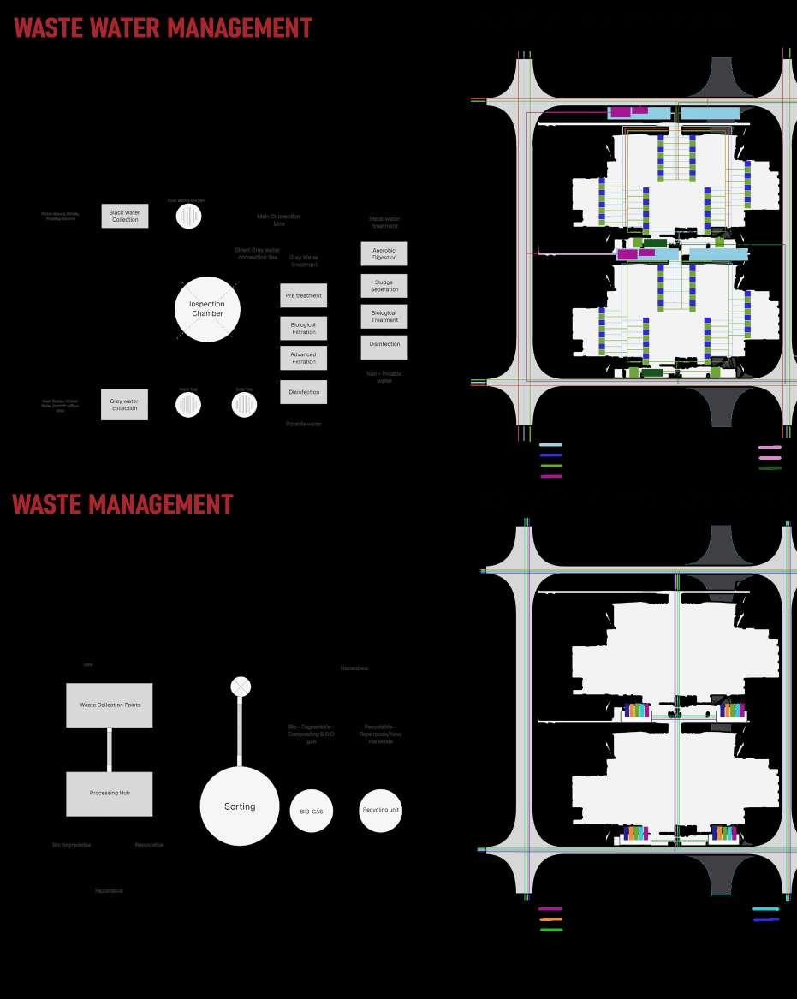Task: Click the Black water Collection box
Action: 125,216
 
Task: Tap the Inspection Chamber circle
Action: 207,309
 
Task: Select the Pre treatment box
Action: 303,295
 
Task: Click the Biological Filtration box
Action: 303,328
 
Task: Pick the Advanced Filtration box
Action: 303,358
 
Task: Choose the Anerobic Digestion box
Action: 384,253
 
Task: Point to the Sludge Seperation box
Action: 384,286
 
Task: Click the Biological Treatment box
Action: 384,317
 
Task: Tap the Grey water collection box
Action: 124,404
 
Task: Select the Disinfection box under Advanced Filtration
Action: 303,392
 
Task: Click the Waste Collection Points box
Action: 110,705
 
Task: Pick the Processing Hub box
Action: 110,794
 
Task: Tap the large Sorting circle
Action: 240,806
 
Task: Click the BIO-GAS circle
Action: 311,810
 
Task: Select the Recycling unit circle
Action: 381,810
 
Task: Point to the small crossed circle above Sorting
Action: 241,687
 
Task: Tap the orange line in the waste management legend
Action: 550,919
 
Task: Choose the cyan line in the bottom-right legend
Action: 765,909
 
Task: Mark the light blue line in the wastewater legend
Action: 550,445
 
